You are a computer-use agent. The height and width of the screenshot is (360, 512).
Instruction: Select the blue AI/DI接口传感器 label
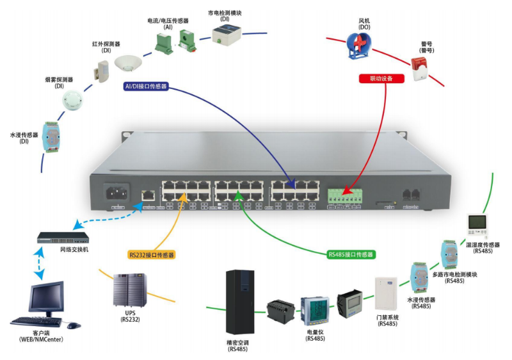147,86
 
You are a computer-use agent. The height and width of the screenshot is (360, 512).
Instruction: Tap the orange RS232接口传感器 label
152,254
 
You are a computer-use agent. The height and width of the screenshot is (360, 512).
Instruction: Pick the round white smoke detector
72,99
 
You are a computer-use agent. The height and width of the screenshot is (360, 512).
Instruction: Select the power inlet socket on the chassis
118,193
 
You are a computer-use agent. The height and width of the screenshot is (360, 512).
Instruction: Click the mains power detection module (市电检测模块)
226,35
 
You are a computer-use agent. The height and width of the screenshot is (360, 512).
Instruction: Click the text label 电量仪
316,332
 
